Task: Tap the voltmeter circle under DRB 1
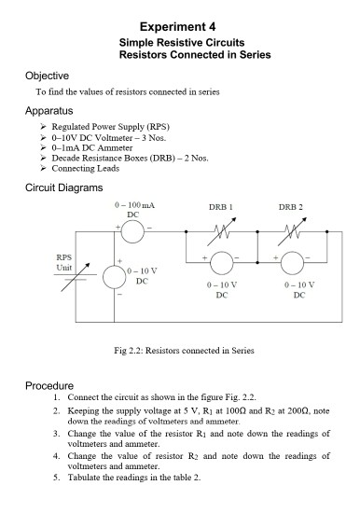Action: (220, 264)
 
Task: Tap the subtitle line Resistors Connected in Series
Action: (195, 55)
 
